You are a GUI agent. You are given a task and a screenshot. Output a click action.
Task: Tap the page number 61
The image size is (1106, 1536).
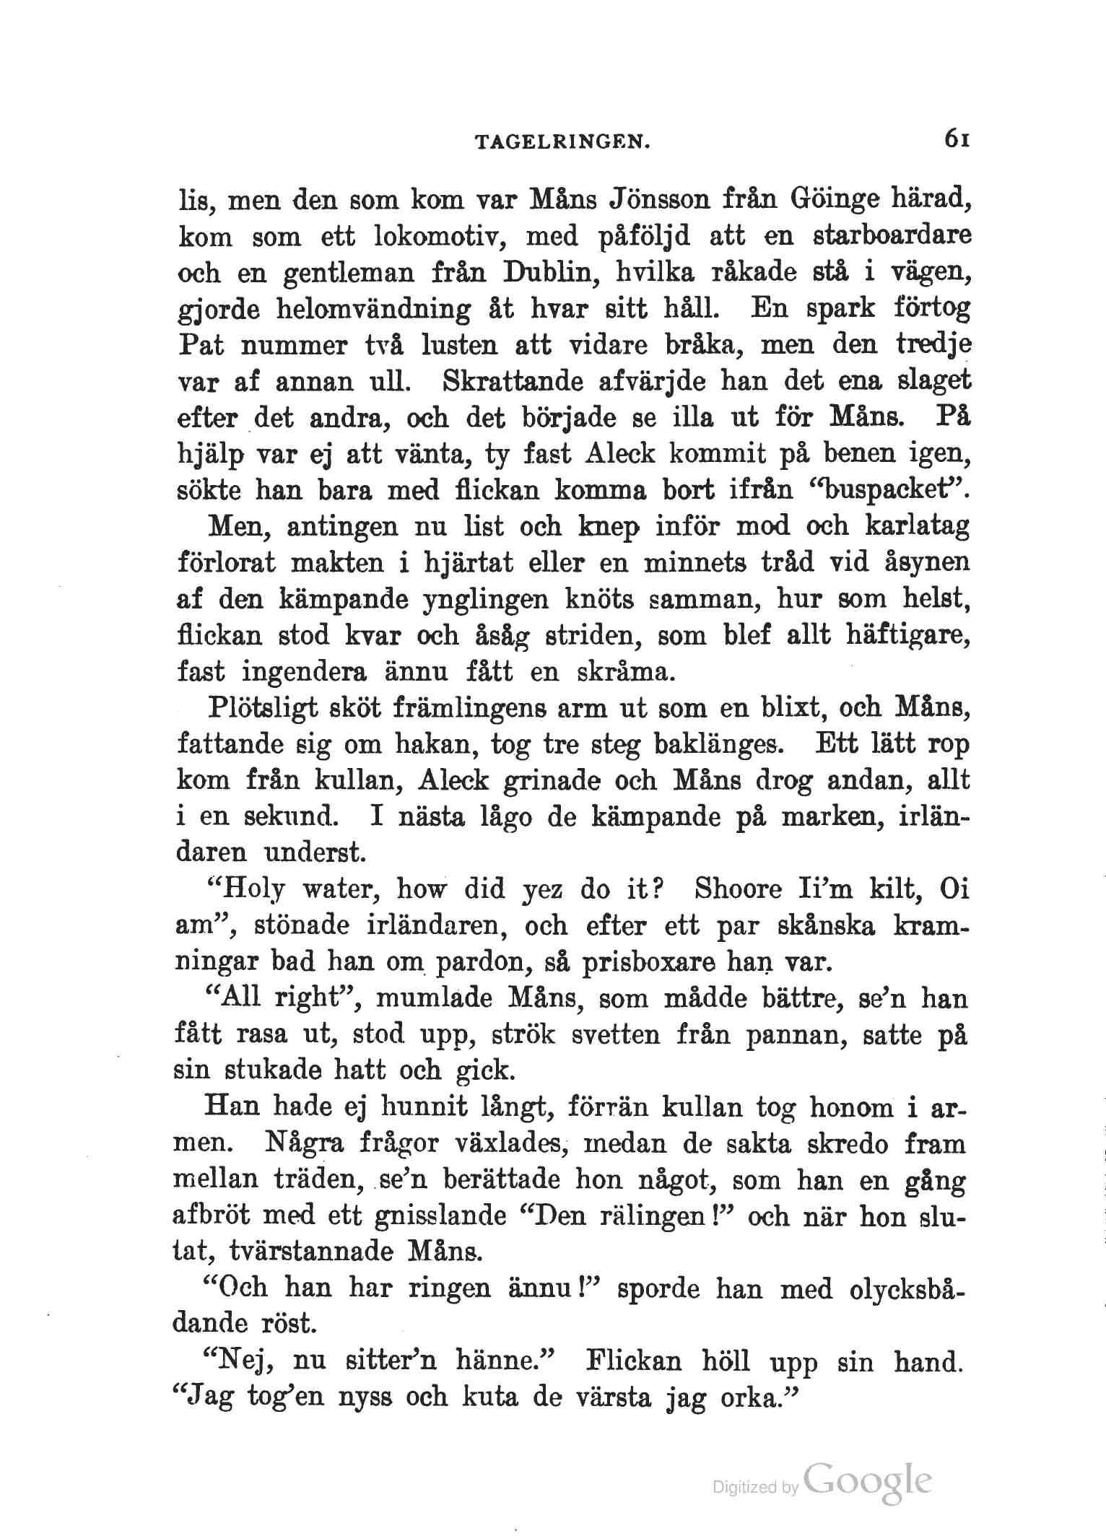pyautogui.click(x=952, y=140)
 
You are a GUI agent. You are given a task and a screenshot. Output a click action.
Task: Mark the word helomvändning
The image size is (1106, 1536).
pyautogui.click(x=373, y=309)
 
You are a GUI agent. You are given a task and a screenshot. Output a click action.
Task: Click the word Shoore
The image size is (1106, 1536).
pyautogui.click(x=738, y=889)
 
